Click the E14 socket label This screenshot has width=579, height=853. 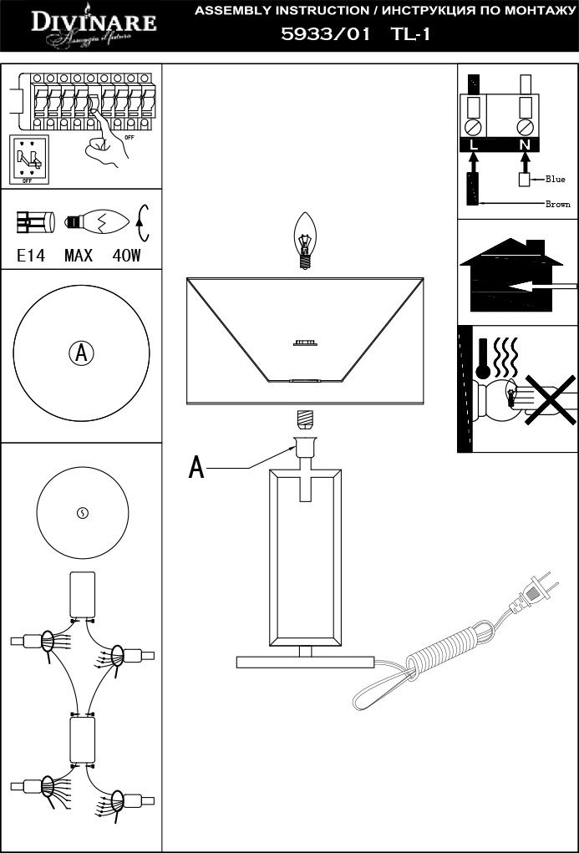(x=31, y=256)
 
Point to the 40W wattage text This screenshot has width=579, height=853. (x=126, y=256)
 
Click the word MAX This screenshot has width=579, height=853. (x=79, y=256)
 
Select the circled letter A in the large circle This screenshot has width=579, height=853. (x=81, y=353)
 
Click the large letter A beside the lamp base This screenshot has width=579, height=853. (x=196, y=468)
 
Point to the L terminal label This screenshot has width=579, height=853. (x=474, y=145)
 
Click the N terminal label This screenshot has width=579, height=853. (x=525, y=145)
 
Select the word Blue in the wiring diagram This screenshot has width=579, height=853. (x=556, y=179)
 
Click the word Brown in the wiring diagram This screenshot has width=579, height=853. (x=557, y=204)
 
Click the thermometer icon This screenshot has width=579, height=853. (x=484, y=359)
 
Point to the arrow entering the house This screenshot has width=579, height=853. (x=543, y=287)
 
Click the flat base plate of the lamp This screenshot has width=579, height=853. (x=305, y=662)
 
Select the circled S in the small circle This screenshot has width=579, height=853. (x=82, y=513)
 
